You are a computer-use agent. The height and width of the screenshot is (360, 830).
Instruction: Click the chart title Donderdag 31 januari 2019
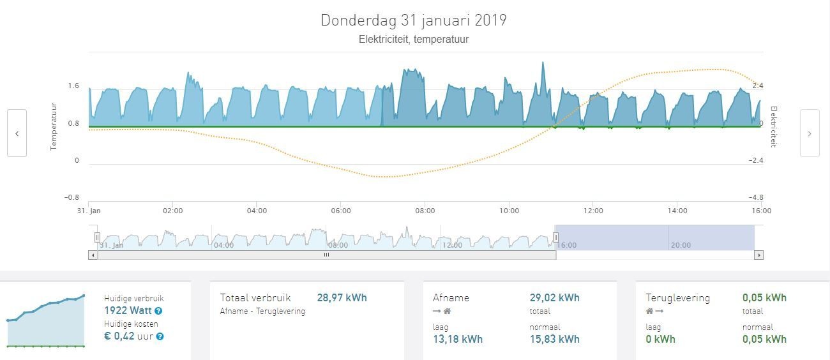413,20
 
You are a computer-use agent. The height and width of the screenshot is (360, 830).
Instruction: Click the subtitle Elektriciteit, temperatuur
413,40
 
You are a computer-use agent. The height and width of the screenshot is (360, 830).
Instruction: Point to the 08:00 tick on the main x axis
425,211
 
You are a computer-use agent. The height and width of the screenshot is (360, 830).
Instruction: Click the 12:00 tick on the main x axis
593,211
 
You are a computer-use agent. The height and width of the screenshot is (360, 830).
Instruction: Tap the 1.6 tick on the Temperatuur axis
73,86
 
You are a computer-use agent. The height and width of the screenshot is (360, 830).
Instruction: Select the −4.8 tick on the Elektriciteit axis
756,197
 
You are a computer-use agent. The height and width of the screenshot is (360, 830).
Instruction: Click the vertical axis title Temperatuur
54,126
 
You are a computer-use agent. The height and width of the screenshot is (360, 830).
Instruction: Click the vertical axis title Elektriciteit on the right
773,126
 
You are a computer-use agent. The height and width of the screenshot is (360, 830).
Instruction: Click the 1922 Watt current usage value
128,311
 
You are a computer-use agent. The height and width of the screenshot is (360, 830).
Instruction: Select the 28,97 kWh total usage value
342,297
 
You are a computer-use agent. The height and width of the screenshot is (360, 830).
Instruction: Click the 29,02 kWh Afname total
554,297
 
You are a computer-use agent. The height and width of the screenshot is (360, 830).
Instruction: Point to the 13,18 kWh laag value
457,339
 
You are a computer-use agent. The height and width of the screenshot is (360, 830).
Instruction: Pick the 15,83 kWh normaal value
554,339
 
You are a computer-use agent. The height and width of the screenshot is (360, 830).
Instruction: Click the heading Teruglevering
677,297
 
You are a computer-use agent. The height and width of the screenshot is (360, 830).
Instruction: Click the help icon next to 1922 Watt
158,311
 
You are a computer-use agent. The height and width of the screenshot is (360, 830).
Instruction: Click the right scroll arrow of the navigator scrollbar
758,255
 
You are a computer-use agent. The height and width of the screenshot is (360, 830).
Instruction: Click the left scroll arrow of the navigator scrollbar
93,255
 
